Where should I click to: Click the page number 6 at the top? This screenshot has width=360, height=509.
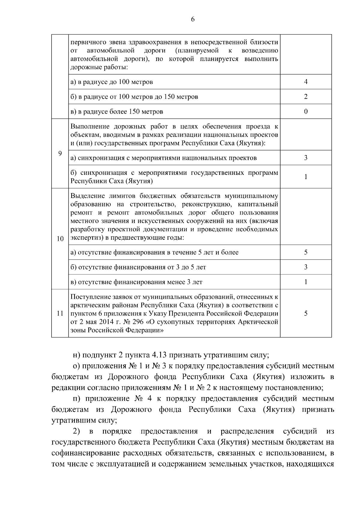click(192, 19)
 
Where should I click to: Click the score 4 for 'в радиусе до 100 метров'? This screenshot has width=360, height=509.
click(306, 82)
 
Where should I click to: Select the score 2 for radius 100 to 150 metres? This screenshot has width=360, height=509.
click(306, 97)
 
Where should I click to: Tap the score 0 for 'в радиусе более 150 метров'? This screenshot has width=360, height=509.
click(306, 112)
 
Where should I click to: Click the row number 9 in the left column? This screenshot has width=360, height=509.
click(60, 154)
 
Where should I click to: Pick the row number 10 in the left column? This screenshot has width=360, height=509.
click(60, 239)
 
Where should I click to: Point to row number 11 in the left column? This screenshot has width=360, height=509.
click(60, 313)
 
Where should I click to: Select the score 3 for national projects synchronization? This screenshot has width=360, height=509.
click(306, 158)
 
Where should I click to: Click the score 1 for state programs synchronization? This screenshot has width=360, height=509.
click(306, 177)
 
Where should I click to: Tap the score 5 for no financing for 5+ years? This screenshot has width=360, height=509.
click(306, 252)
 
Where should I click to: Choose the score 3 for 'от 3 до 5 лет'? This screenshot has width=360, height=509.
click(306, 267)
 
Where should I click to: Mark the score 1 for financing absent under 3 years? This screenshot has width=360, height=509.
click(306, 282)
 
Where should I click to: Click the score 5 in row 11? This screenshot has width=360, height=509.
click(306, 313)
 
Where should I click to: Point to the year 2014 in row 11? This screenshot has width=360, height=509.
click(101, 322)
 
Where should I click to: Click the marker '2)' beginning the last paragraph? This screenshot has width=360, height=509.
click(77, 431)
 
